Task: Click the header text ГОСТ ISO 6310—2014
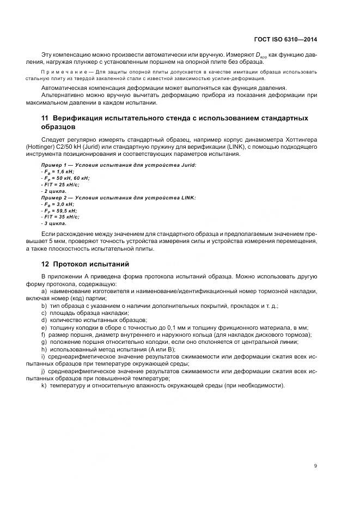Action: point(286,39)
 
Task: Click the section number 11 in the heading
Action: point(45,118)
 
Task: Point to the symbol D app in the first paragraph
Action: point(266,56)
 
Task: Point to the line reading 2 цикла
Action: point(54,191)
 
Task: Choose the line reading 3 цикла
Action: point(54,223)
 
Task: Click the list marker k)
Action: point(44,385)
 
